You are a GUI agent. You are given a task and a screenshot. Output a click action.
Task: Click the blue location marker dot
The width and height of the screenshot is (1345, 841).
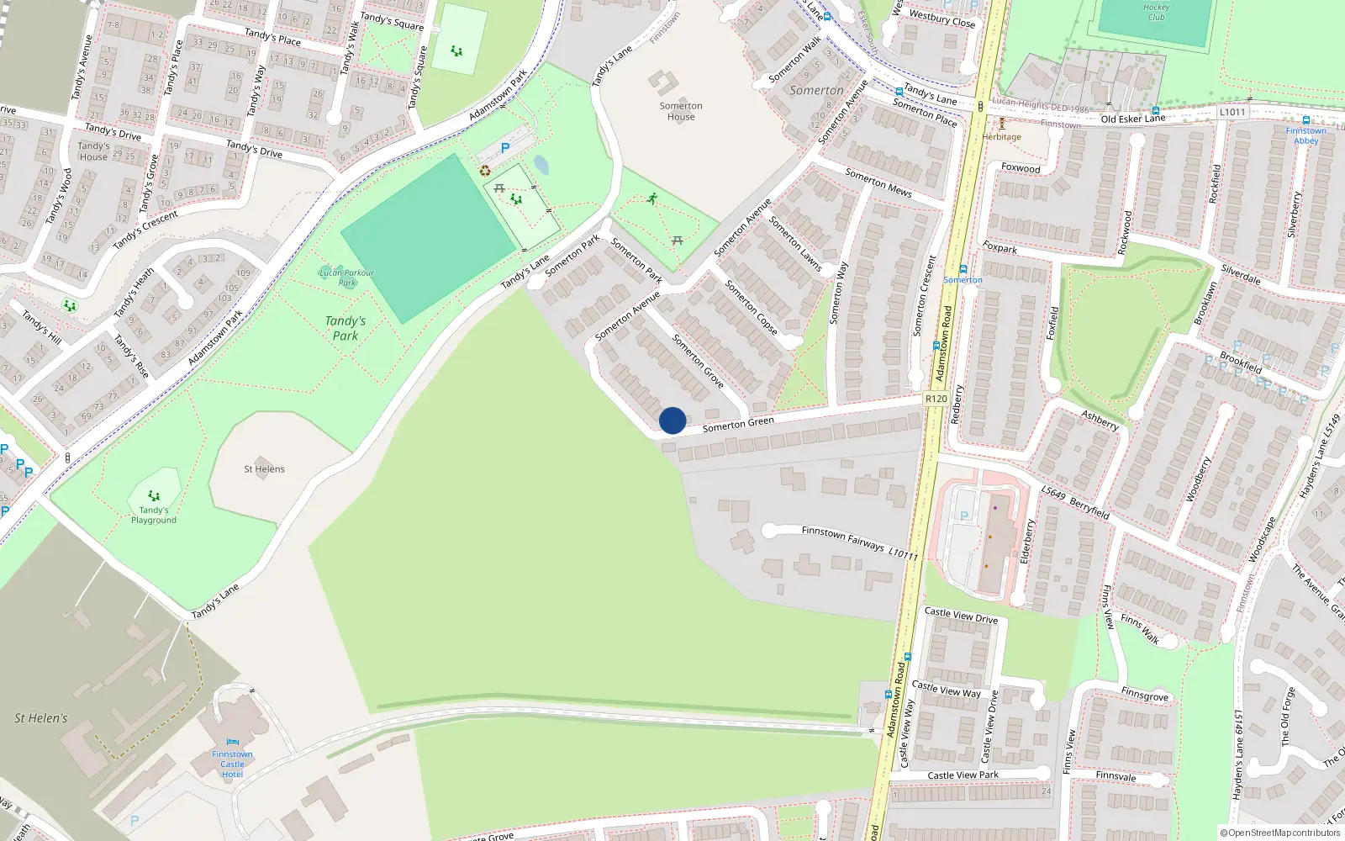pyautogui.click(x=672, y=420)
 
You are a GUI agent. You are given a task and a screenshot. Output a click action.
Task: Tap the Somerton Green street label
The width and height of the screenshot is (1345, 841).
pyautogui.click(x=738, y=424)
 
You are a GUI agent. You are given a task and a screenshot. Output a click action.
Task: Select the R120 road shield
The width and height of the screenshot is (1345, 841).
pyautogui.click(x=936, y=399)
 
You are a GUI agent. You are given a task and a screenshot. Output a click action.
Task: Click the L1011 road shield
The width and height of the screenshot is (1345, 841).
pyautogui.click(x=1232, y=112)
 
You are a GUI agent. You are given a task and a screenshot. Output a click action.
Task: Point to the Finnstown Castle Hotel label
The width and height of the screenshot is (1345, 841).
pyautogui.click(x=232, y=764)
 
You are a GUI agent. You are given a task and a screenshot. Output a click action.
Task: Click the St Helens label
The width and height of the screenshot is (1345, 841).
pyautogui.click(x=264, y=469)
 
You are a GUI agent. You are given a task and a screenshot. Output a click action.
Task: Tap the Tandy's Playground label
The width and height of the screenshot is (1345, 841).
pyautogui.click(x=154, y=515)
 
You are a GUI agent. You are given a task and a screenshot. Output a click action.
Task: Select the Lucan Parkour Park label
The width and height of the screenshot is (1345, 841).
pyautogui.click(x=346, y=278)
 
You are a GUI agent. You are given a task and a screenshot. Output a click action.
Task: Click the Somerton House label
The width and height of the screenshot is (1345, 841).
pyautogui.click(x=681, y=111)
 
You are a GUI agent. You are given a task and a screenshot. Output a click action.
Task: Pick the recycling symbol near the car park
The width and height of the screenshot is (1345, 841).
pyautogui.click(x=485, y=171)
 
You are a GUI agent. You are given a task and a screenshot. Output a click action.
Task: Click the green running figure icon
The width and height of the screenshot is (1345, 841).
pyautogui.click(x=652, y=198)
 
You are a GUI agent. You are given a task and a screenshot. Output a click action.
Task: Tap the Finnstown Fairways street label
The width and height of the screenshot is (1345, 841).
pyautogui.click(x=843, y=539)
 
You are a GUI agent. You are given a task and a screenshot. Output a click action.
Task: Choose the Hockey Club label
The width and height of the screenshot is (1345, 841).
pyautogui.click(x=1156, y=12)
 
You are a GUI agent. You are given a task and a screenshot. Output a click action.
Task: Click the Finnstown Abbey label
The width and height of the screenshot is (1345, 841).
pyautogui.click(x=1305, y=135)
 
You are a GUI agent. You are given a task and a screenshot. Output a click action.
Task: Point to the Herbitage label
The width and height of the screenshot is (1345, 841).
pyautogui.click(x=1001, y=137)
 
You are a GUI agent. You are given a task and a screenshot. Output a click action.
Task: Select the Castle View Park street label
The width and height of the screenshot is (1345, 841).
pyautogui.click(x=963, y=775)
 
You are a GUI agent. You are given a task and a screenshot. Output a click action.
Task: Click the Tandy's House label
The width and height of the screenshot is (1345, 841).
pyautogui.click(x=93, y=151)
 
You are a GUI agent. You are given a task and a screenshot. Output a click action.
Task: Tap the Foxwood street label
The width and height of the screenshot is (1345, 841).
pyautogui.click(x=1021, y=168)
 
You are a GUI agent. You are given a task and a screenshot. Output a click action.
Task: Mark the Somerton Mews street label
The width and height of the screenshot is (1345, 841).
pyautogui.click(x=878, y=182)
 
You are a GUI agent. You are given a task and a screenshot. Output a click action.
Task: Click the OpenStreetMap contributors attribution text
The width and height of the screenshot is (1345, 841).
pyautogui.click(x=1280, y=833)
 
